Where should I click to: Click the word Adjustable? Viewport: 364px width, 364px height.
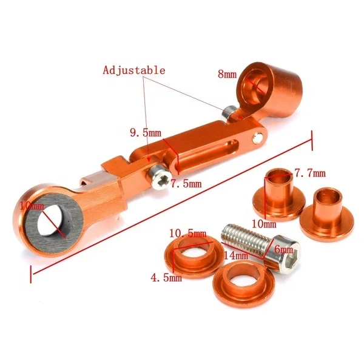pos(133,70)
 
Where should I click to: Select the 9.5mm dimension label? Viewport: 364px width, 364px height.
pos(145,132)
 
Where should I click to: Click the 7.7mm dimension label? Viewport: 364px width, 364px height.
pos(311,174)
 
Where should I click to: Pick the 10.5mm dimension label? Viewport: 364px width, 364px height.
pos(188,233)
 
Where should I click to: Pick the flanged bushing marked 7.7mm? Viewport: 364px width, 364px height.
pos(278,194)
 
